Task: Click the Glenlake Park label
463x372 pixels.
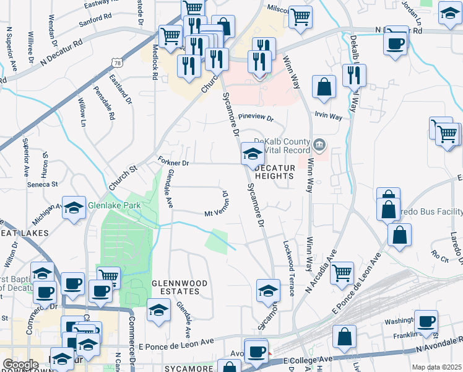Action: click(114, 205)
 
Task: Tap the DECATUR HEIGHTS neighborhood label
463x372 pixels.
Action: click(273, 172)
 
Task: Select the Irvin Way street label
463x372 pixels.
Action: click(328, 117)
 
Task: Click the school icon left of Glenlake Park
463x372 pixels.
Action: click(74, 208)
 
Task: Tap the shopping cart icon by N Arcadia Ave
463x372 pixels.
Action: click(342, 272)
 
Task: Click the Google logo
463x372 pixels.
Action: click(20, 365)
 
